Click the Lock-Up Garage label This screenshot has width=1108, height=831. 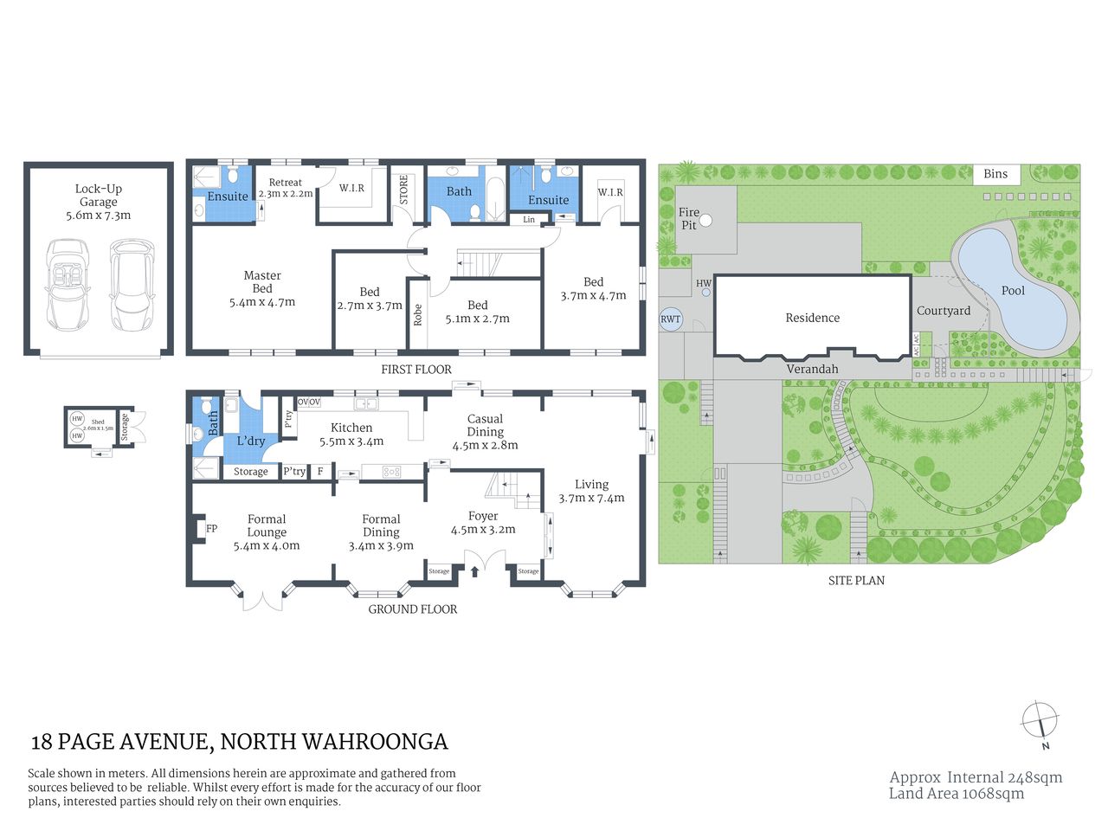(x=98, y=195)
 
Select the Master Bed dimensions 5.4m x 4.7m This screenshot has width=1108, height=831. (x=262, y=302)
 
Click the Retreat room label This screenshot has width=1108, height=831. (x=285, y=183)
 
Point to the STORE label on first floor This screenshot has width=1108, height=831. (x=403, y=190)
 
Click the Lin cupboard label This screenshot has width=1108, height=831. (x=529, y=220)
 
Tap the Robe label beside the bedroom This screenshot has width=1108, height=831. (x=418, y=314)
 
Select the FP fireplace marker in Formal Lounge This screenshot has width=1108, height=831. (x=211, y=528)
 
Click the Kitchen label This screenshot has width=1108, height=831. (x=351, y=428)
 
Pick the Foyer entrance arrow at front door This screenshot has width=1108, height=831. (x=474, y=570)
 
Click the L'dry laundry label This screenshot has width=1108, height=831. (x=251, y=441)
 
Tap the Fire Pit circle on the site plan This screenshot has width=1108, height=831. (x=705, y=220)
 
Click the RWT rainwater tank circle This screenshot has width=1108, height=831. (x=671, y=319)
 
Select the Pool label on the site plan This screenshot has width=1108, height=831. (x=1013, y=291)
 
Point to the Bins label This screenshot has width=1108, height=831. (x=995, y=174)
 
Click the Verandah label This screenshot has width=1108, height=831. (x=812, y=369)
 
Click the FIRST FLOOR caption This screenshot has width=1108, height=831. (x=416, y=370)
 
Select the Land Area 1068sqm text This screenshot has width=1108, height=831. (x=956, y=793)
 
